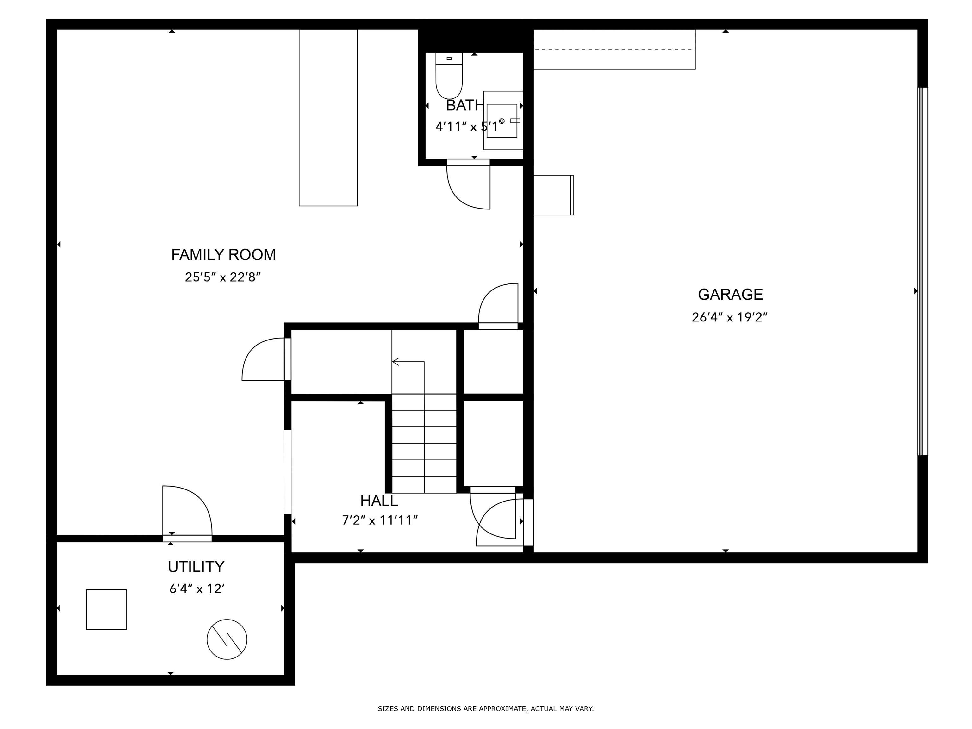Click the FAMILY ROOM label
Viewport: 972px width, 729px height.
(223, 254)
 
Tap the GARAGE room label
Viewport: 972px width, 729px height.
(730, 294)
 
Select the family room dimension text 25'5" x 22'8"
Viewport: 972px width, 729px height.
(223, 277)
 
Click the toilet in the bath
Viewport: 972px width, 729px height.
(449, 76)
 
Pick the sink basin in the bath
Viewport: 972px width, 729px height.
(502, 121)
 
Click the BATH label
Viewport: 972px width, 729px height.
(465, 105)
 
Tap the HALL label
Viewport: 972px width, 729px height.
(379, 501)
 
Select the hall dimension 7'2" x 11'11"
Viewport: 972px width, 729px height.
(380, 520)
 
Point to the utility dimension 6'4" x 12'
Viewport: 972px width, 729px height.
(197, 589)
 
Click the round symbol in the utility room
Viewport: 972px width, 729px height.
(227, 639)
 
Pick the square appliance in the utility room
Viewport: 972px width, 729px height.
(106, 609)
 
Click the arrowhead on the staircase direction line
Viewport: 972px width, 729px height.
(396, 362)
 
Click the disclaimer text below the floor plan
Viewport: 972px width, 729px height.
(486, 708)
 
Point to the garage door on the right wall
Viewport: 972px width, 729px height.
(922, 271)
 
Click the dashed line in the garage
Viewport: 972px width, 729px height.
(614, 49)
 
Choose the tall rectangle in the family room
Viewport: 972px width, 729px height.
(328, 117)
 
